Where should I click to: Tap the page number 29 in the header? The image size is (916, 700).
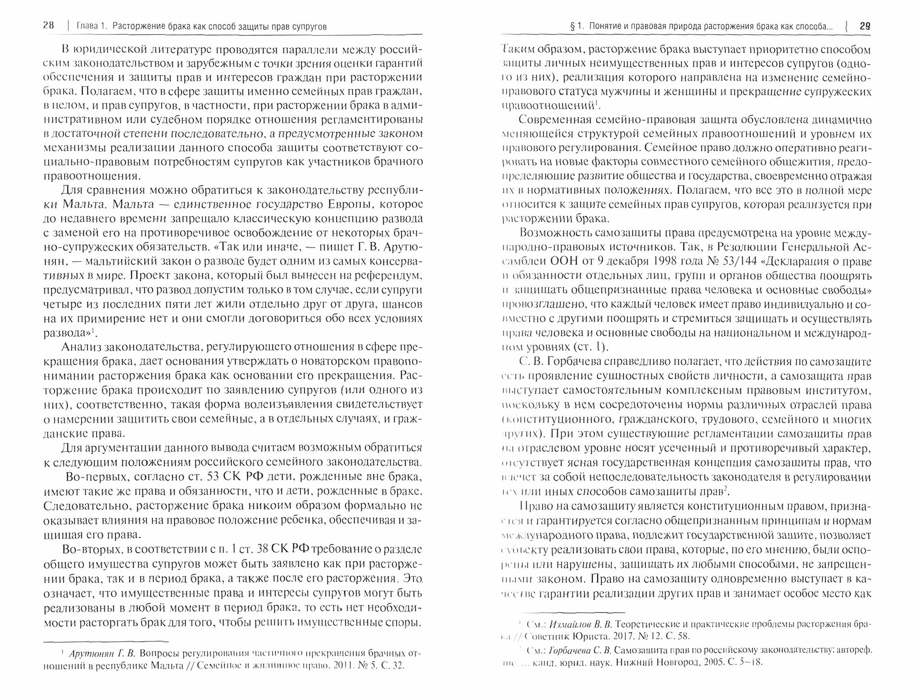[865, 27]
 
